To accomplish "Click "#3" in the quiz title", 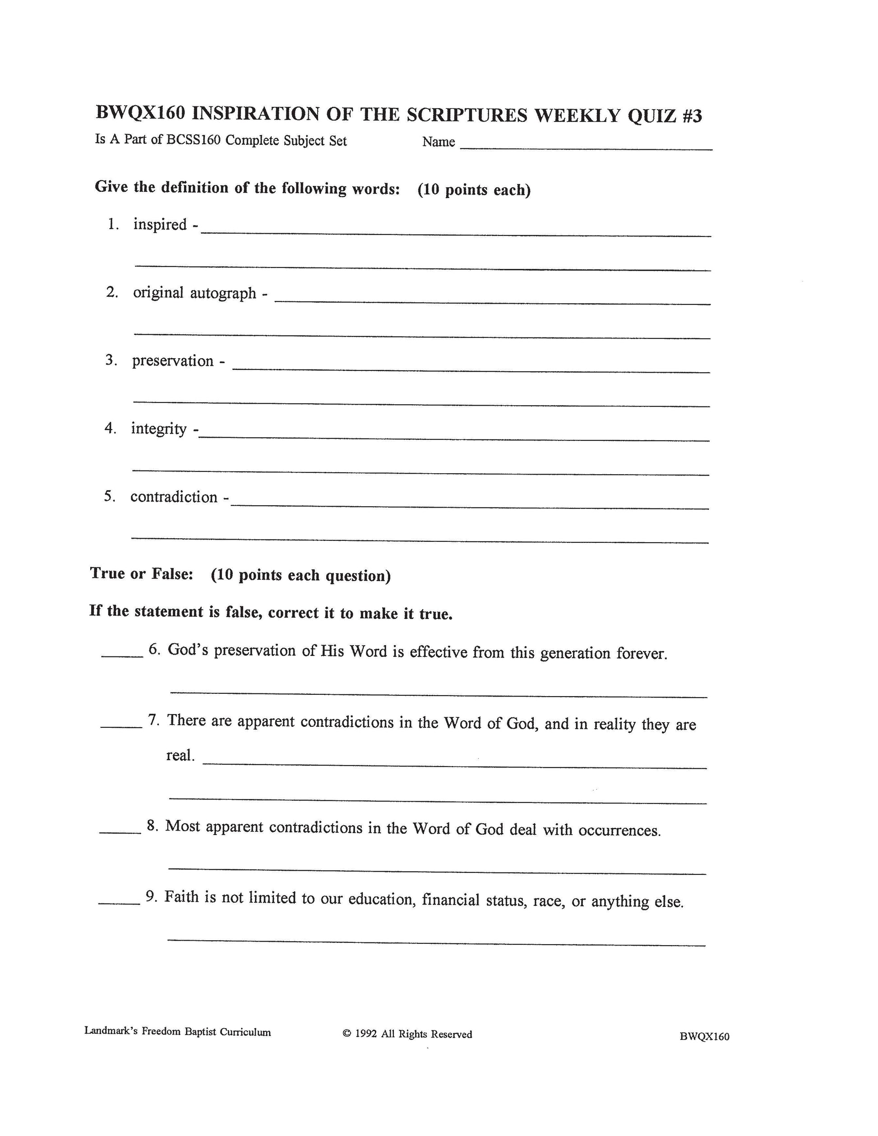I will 691,115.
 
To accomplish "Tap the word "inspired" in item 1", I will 160,225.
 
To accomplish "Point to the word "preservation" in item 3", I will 173,361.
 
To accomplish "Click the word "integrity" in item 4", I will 159,429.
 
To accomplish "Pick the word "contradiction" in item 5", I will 174,497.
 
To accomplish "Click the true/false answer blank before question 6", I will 122,656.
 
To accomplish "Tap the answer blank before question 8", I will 120,832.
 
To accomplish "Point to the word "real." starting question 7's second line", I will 180,756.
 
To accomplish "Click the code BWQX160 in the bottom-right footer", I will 704,1036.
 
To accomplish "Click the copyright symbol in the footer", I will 347,1034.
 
